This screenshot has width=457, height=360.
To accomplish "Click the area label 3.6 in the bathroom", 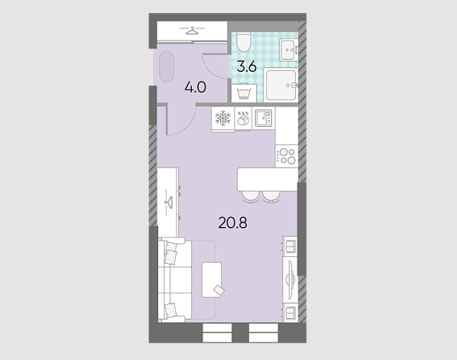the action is coord(247,66).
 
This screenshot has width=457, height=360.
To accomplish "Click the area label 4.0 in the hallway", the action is coord(196,87).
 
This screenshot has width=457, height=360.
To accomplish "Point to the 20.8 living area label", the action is coord(232,223).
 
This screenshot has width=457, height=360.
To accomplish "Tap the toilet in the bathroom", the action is coord(243,42).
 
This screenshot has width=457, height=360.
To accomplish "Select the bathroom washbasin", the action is coord(289,49).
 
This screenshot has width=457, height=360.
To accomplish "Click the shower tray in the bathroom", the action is coord(280,85).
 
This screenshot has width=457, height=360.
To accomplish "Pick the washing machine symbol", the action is coord(244,93).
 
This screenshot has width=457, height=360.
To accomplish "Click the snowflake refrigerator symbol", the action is coord(222,118).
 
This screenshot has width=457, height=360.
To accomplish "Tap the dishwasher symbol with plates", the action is coord(243,118).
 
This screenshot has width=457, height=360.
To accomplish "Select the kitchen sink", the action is coord(264,118).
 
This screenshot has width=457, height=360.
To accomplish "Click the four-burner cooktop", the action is coord(287,156).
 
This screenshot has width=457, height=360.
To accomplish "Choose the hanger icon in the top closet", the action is coord(192,30).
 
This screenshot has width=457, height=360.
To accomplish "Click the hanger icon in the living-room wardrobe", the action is coord(169,203).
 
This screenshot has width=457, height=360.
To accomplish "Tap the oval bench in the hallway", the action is coord(167,66).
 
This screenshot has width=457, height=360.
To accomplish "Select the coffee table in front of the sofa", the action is coord(212,280).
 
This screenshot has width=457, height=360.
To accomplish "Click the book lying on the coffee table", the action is coord(219,290).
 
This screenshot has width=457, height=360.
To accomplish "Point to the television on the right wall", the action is coord(290,280).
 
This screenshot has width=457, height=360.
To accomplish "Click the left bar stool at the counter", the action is coord(251,197).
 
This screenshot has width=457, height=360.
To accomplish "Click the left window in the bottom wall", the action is coord(217,332).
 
